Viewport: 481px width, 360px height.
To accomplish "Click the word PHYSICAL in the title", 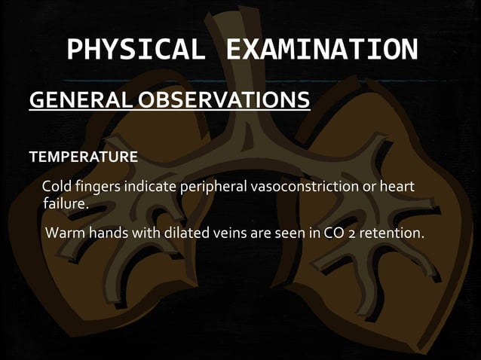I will point(135,50).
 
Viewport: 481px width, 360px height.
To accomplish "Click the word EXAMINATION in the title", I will point(321,50).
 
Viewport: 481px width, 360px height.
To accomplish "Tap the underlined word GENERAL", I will point(79,100).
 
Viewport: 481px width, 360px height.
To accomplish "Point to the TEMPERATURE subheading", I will point(83,158).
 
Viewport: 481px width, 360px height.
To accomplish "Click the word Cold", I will point(56,186).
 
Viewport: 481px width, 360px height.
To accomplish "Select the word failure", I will point(66,203).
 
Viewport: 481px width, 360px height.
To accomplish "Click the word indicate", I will point(146,186).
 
